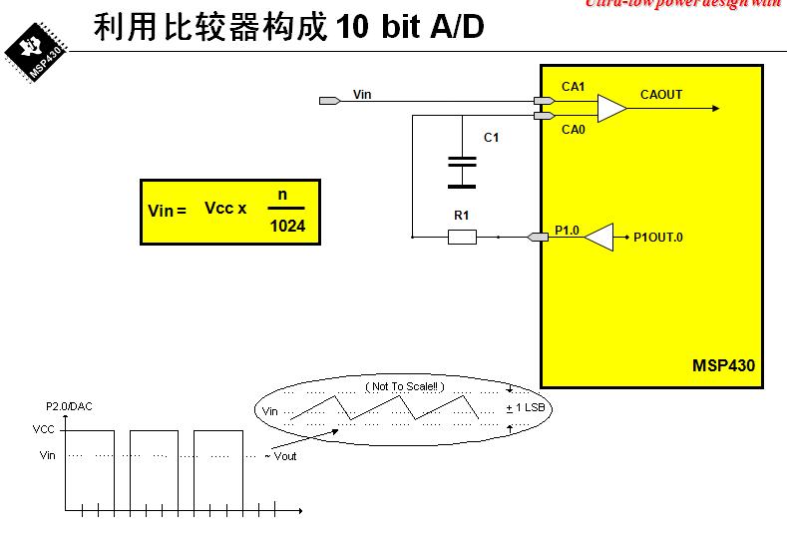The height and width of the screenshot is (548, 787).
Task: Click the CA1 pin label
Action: click(x=573, y=87)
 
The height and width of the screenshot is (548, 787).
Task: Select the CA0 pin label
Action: click(x=573, y=129)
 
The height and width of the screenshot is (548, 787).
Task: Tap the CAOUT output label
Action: click(x=661, y=95)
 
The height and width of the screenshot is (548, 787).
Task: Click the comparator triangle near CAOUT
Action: click(x=610, y=108)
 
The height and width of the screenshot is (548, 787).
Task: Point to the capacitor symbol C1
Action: click(x=461, y=172)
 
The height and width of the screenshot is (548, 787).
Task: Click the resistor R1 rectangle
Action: click(x=462, y=237)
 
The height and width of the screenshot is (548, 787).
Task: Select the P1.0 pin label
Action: click(x=566, y=230)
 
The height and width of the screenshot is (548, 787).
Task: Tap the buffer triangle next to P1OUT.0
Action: click(x=598, y=237)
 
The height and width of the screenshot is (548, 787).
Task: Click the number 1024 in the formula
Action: click(x=287, y=227)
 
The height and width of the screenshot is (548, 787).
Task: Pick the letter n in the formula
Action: click(x=282, y=194)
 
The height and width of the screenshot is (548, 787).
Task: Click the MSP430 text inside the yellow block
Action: click(x=723, y=365)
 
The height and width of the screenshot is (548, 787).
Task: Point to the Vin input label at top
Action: click(x=362, y=95)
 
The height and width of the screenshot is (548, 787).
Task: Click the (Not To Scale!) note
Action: click(x=404, y=386)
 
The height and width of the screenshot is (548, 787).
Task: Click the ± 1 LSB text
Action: click(x=525, y=408)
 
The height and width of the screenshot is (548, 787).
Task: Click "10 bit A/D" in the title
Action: click(x=411, y=27)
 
